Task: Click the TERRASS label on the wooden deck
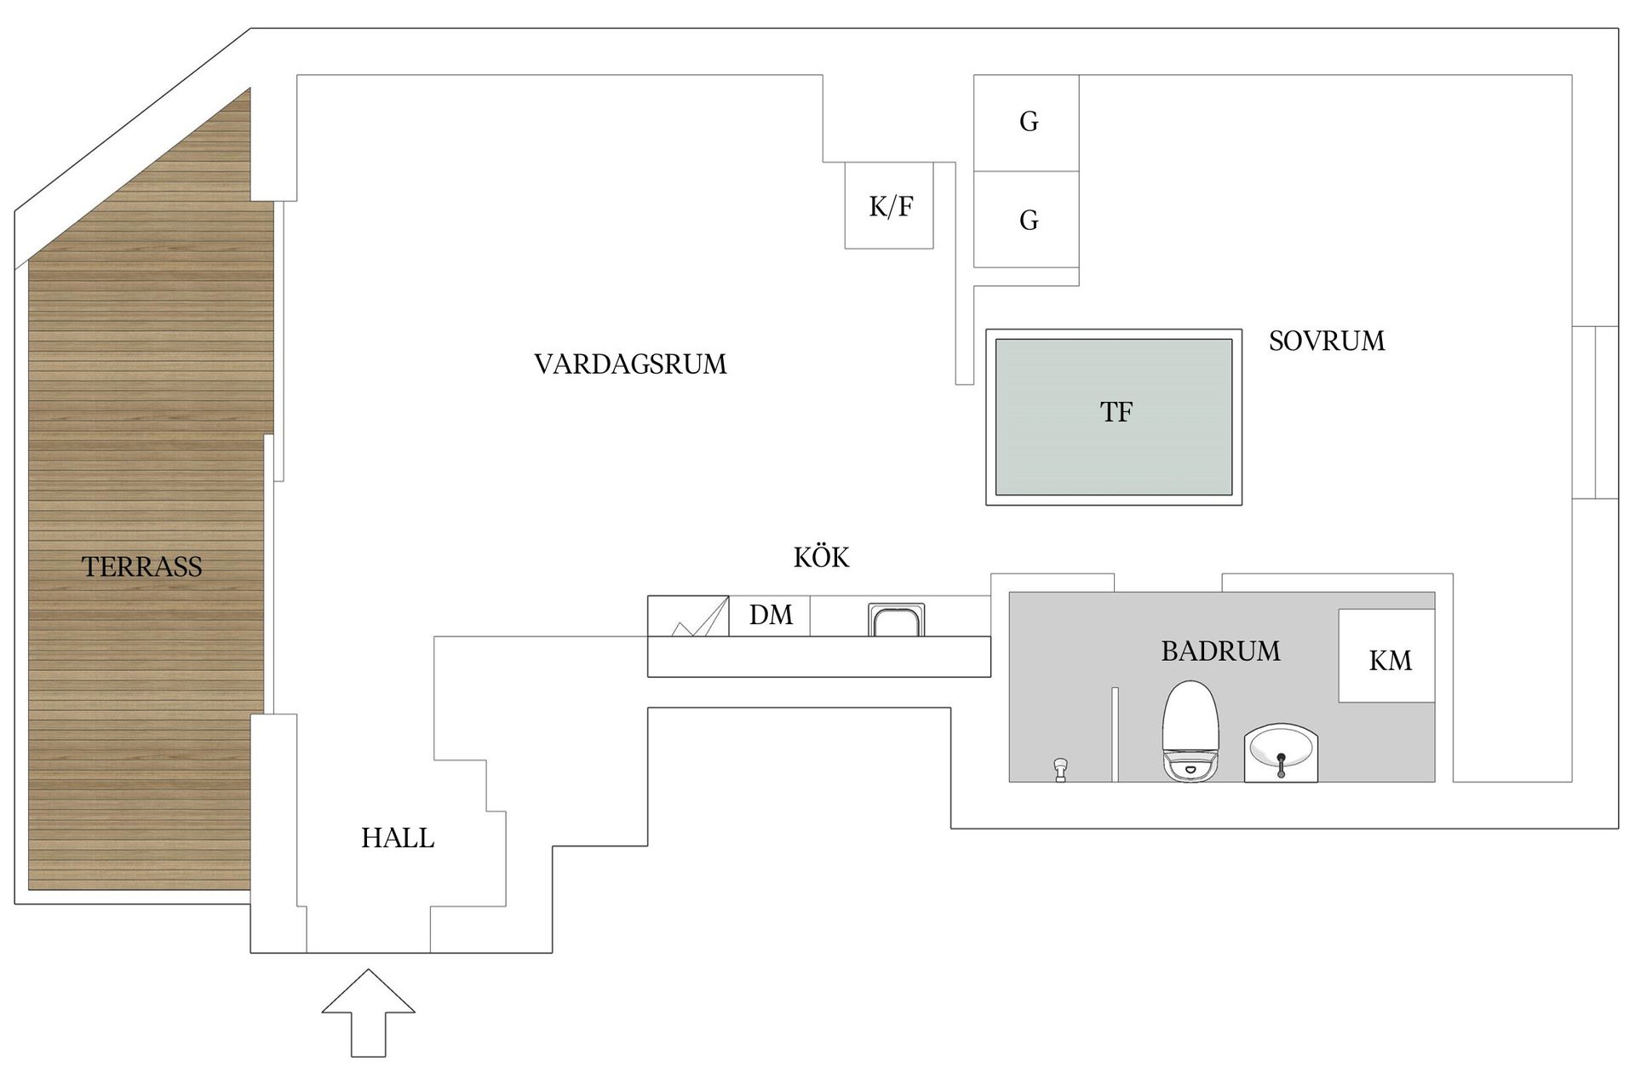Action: coord(142,567)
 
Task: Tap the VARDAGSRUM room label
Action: coord(630,364)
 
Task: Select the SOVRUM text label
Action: coord(1326,341)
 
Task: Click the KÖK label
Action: coord(821,558)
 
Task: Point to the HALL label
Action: coord(398,839)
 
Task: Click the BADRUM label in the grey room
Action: coord(1220,651)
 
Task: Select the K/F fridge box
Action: coord(889,205)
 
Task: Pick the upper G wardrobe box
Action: coord(1027,123)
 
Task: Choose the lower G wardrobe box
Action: coord(1027,220)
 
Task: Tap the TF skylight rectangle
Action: coord(1114,416)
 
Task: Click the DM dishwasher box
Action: coord(770,615)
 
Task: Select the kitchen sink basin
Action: coord(896,619)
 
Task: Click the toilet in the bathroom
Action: coord(1190,731)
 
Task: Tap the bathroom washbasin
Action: coord(1281,753)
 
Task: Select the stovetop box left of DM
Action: coord(688,616)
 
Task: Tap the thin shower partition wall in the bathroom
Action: coord(1114,734)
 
